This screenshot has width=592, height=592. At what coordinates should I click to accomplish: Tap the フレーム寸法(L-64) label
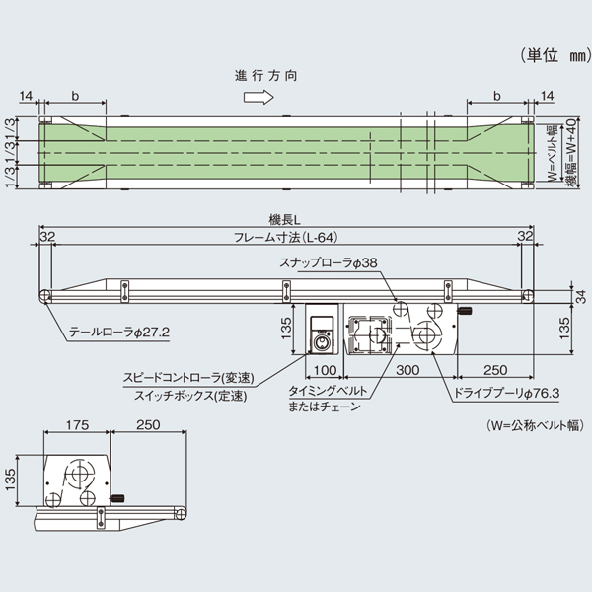coord(286,238)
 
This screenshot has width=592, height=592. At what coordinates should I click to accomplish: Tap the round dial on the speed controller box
coord(321,343)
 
